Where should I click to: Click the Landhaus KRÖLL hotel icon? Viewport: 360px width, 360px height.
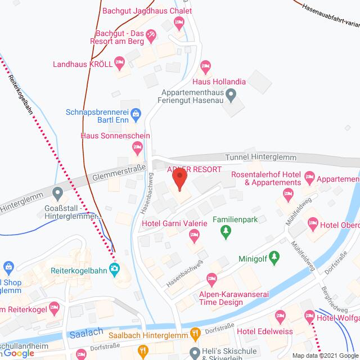point(119,62)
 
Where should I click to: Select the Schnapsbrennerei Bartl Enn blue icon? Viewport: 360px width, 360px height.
point(136,116)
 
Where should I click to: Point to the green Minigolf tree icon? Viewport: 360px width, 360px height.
point(274,258)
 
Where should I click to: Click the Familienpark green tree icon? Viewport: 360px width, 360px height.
point(226,231)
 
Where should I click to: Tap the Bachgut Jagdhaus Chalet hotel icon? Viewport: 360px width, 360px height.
point(179,23)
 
